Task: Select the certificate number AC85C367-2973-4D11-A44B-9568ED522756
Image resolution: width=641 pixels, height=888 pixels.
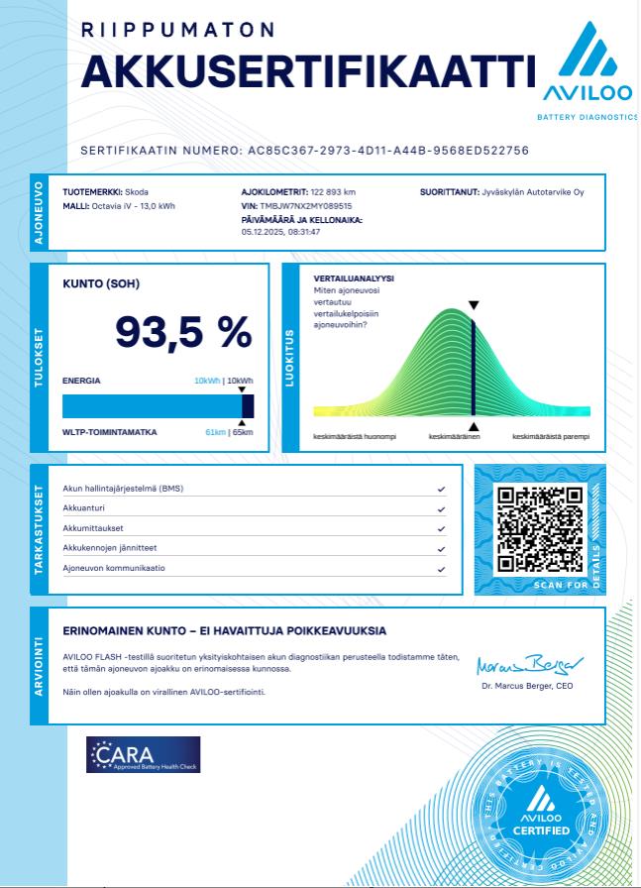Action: [x=387, y=151]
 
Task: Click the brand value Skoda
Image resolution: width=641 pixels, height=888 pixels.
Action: [x=137, y=192]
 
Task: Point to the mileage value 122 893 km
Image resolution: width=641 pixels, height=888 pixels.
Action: [x=333, y=192]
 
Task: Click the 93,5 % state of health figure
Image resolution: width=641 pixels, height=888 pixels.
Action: [x=184, y=332]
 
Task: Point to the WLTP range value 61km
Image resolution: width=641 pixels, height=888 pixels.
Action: [x=215, y=433]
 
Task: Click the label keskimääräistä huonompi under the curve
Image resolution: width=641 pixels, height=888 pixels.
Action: [x=355, y=436]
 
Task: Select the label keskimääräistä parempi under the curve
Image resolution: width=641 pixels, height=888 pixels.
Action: [x=550, y=436]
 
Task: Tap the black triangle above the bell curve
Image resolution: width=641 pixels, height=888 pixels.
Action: [x=474, y=306]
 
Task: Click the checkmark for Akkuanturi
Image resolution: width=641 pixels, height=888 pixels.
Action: [x=440, y=509]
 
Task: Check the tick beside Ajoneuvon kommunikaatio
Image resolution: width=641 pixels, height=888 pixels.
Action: [x=440, y=569]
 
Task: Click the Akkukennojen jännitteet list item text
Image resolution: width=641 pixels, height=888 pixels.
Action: [x=110, y=548]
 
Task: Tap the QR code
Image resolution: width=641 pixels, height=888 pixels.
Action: [x=539, y=530]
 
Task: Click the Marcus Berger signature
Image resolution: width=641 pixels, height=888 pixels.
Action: [x=530, y=664]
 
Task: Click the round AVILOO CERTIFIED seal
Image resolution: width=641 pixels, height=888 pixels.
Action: [x=541, y=813]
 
